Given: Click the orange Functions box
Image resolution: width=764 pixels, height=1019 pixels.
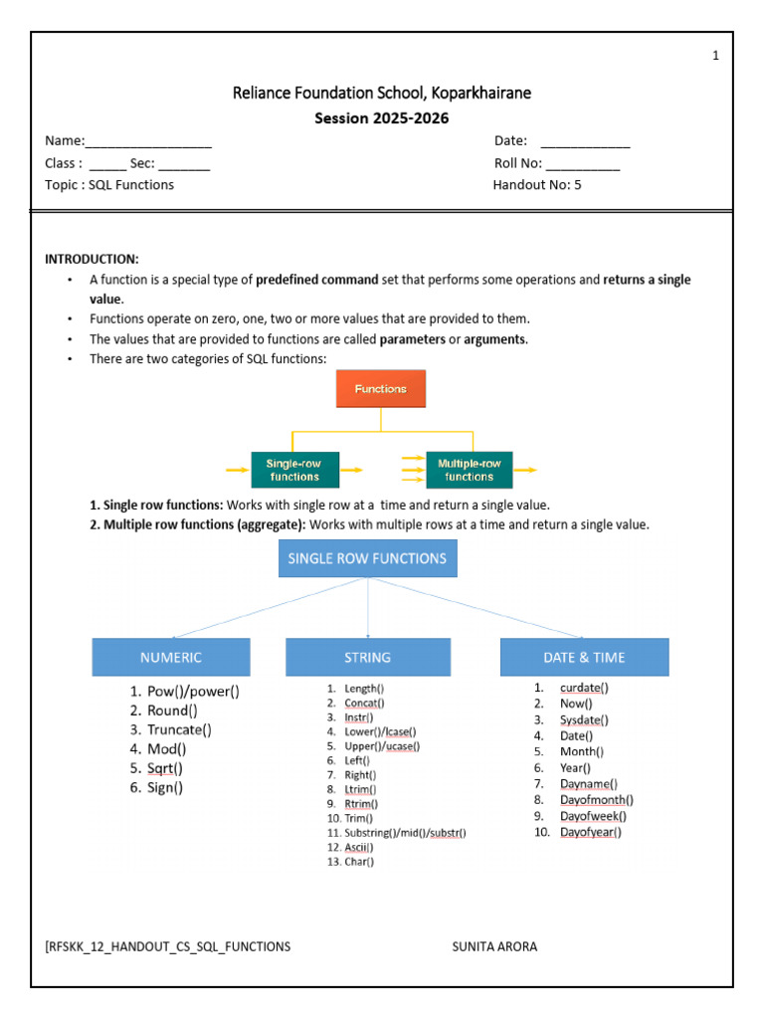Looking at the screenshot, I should point(380,388).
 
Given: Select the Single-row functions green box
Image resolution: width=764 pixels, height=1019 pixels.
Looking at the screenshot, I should point(293,469).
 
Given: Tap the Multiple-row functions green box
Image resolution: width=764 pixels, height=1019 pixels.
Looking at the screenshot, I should point(469,469).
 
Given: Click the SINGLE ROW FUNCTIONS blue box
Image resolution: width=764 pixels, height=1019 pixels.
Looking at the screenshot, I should point(367,558).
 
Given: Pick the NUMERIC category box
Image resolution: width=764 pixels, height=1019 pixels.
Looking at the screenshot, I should point(170,657).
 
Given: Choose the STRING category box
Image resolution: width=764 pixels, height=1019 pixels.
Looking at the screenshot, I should point(367,657).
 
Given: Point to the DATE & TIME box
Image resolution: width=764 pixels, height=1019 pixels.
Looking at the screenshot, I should point(584,657).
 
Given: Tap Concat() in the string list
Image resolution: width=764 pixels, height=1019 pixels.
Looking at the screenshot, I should point(364,703).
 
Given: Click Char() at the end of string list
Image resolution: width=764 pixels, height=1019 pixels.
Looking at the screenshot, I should point(359,862).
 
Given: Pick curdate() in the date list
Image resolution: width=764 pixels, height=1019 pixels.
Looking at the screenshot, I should point(584,688).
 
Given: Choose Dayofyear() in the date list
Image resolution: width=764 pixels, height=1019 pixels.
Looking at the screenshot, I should point(590,832).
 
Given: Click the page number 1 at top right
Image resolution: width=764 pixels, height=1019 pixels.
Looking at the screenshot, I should point(715,56).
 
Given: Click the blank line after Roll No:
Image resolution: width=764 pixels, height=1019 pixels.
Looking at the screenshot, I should point(582,164).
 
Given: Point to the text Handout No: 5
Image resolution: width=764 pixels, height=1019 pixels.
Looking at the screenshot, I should point(537,185).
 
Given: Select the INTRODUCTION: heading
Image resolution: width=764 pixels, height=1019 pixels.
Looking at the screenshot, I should point(92,259).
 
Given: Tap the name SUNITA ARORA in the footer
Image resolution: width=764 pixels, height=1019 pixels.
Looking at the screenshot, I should point(494,946).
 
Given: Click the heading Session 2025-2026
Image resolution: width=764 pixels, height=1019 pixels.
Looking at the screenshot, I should point(381,118).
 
